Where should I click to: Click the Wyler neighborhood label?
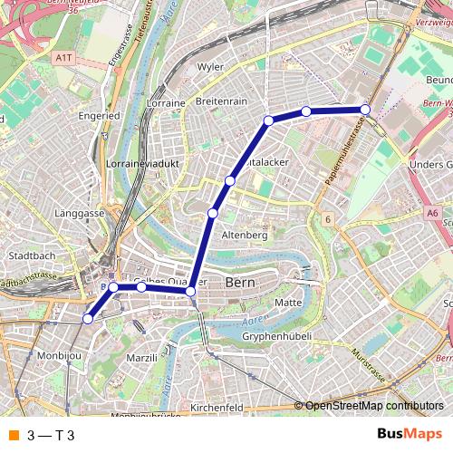[x=210, y=67]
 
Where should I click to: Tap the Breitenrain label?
[x=221, y=101]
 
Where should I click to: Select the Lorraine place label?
[x=165, y=103]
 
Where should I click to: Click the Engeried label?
[x=99, y=117]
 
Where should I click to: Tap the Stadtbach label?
[x=32, y=255]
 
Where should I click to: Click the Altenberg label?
[x=246, y=235]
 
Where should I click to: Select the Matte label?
[x=287, y=302]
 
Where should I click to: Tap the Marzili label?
[x=141, y=358]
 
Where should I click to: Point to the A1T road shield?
[x=63, y=57]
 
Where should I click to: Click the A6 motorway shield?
[x=433, y=214]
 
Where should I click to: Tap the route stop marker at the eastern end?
[x=365, y=110]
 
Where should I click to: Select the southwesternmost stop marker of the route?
[x=88, y=318]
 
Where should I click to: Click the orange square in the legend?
[x=14, y=436]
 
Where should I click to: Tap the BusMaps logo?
[x=410, y=435]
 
